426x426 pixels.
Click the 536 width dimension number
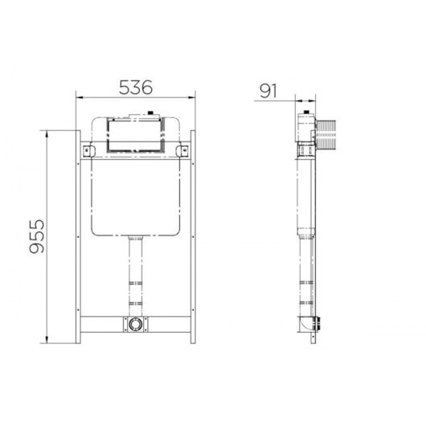(x=136, y=88)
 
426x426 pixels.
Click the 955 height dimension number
(x=37, y=236)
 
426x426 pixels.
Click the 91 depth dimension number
(x=268, y=91)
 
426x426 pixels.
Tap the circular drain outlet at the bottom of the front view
(x=135, y=324)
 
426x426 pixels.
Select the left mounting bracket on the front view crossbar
(x=89, y=151)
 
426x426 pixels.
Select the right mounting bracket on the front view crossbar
(x=182, y=151)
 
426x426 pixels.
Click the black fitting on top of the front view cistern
(x=151, y=113)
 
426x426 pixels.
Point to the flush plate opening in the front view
(x=135, y=135)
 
